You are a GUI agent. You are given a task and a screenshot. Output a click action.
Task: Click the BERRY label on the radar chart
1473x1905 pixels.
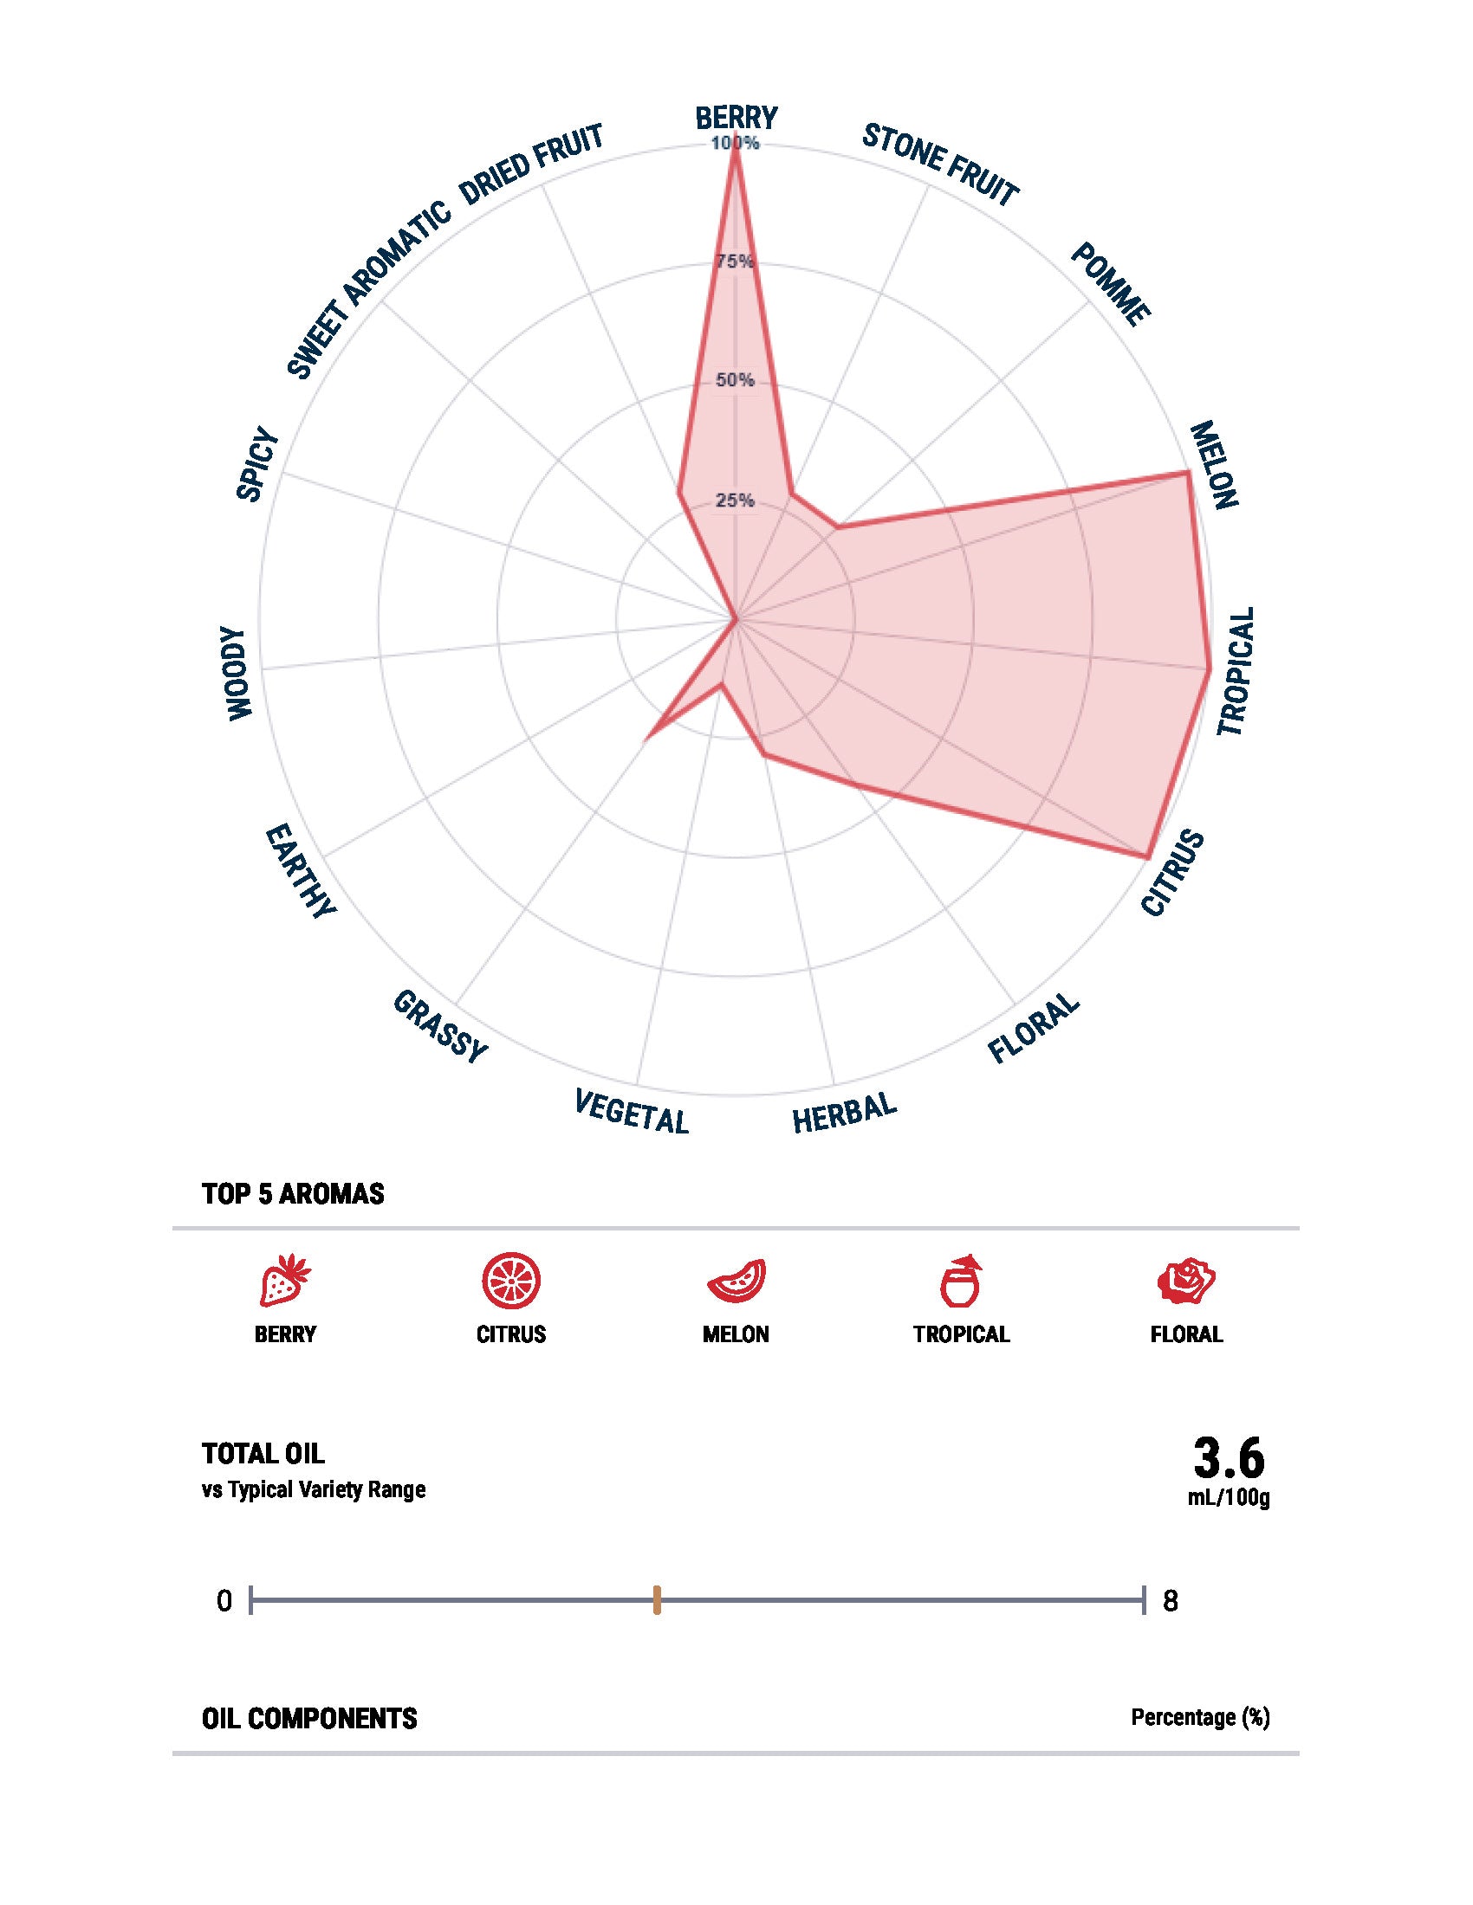tap(736, 117)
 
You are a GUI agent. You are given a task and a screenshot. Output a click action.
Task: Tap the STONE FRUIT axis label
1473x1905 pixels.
tap(940, 165)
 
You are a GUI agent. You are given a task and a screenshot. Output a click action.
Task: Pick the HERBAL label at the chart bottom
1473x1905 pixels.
tap(844, 1113)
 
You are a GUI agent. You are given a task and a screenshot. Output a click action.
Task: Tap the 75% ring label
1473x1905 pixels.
tap(735, 261)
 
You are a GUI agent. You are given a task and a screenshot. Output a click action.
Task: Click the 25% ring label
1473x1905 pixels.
tap(735, 500)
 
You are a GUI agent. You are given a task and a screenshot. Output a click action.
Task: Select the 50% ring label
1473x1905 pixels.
tap(735, 380)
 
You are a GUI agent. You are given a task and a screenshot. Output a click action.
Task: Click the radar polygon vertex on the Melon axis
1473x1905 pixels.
tap(1188, 472)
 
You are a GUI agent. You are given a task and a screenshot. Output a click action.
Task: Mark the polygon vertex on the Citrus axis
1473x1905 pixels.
tap(1145, 856)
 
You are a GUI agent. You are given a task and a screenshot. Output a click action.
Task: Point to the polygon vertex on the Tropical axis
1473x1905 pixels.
tap(1209, 669)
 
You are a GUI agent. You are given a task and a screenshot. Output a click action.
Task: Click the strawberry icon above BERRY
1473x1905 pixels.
tap(284, 1281)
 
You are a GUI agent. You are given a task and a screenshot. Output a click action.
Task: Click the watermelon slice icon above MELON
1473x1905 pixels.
tap(736, 1282)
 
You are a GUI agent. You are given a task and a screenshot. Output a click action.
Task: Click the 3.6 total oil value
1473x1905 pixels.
tap(1228, 1457)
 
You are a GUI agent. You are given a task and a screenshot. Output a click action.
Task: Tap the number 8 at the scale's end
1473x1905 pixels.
tap(1171, 1601)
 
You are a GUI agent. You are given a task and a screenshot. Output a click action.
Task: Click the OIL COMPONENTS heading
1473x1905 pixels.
tap(309, 1718)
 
